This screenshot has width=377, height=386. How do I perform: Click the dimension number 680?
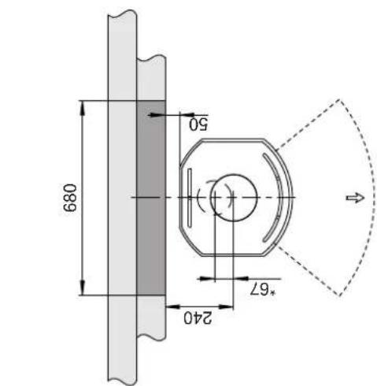[70, 198]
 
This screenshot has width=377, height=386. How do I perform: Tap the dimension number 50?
[198, 124]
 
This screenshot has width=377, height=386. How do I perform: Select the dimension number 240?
[198, 318]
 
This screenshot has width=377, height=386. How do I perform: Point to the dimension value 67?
[260, 290]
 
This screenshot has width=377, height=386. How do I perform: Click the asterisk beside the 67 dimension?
[273, 292]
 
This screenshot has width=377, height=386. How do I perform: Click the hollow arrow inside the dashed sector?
[356, 198]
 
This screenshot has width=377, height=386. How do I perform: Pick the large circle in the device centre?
[234, 198]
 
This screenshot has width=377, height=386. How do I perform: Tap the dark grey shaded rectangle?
[151, 198]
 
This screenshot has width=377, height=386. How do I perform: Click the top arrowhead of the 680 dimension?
[83, 108]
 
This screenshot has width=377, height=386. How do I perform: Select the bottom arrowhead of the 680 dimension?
[83, 288]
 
